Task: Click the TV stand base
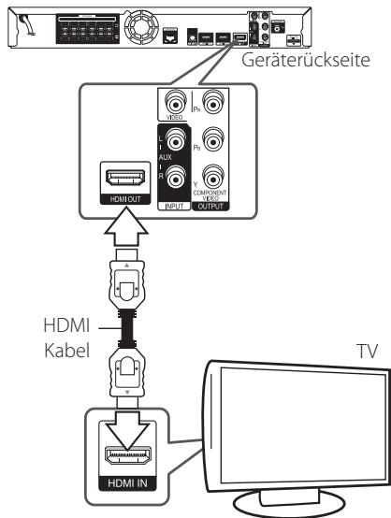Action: coord(309,499)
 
